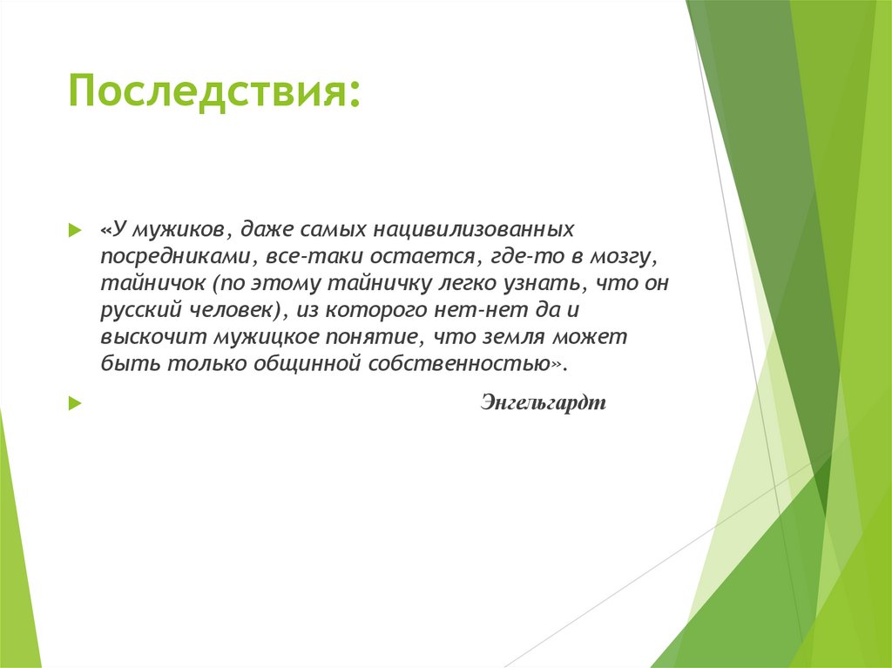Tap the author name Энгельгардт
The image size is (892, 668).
(x=542, y=403)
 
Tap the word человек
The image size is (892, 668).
(x=236, y=310)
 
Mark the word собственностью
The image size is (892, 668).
(x=463, y=363)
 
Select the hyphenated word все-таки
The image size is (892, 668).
(x=301, y=257)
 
